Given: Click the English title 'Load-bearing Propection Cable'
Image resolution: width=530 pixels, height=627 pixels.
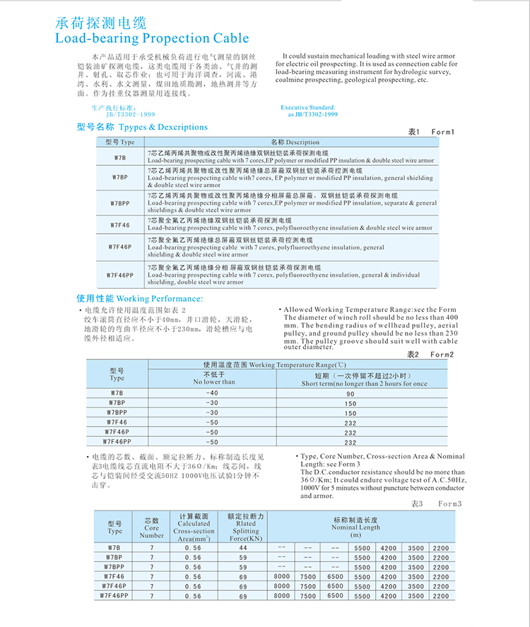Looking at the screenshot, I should point(152,38).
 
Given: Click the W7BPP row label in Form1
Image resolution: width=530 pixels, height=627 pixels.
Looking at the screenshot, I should point(120,203).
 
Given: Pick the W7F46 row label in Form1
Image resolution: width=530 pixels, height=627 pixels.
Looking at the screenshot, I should point(120,225).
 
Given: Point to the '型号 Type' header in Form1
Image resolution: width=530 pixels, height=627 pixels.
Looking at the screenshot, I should point(120,142).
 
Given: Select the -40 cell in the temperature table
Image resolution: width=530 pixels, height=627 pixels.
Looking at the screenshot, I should point(212,392).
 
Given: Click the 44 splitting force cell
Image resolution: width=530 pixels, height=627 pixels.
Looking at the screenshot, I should point(243,548).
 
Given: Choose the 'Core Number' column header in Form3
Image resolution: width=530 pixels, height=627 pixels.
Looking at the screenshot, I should point(152,527).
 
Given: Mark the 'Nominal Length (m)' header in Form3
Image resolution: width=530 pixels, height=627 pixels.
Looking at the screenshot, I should point(355,527).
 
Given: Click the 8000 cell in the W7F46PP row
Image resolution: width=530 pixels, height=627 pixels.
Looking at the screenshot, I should point(281,596).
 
